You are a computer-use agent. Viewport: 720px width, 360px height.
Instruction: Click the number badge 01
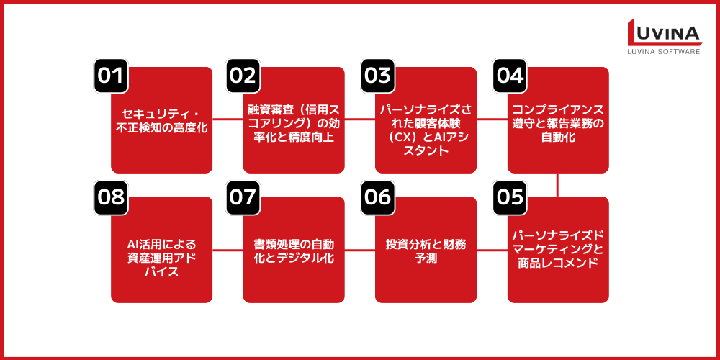click(111, 76)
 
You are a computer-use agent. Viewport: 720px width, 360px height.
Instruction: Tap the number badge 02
click(243, 76)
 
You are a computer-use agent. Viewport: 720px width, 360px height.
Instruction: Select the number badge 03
click(376, 76)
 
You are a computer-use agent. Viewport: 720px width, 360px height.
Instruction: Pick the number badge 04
click(508, 76)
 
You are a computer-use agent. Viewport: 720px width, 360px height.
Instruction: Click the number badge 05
click(509, 197)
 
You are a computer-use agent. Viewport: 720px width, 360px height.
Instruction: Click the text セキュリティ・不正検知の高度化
click(162, 121)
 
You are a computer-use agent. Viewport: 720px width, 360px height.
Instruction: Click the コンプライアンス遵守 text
click(558, 121)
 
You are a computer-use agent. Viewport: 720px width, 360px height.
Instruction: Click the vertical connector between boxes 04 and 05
click(558, 184)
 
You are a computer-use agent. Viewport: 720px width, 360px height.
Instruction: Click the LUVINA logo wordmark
click(662, 33)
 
